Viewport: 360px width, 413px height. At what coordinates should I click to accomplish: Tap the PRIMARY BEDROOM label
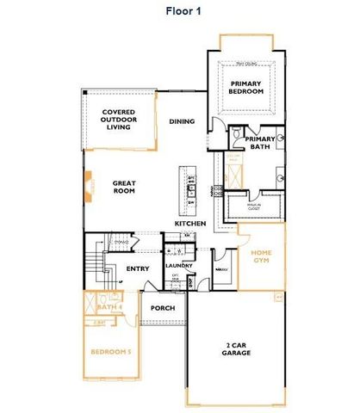[245, 87]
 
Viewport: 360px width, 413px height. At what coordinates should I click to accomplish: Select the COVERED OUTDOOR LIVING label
[118, 119]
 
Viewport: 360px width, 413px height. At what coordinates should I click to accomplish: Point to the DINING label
[180, 121]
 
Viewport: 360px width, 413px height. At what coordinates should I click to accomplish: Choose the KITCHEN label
[189, 224]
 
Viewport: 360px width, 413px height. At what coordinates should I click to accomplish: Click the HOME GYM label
[261, 258]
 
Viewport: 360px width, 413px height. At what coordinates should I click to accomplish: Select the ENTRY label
[138, 269]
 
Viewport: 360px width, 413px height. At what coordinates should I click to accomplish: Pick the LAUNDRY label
[178, 266]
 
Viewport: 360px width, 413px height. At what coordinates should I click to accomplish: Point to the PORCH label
[163, 307]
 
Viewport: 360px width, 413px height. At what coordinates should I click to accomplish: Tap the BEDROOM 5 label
[111, 352]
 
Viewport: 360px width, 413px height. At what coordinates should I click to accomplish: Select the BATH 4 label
[109, 307]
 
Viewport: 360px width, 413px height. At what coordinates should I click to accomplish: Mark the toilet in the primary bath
[236, 134]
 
